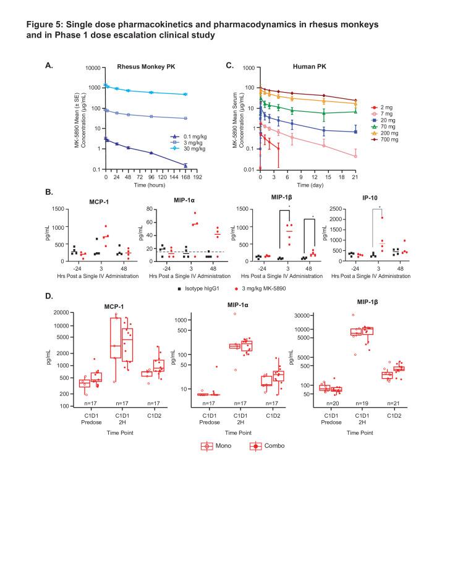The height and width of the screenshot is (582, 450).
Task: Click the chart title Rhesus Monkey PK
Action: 143,66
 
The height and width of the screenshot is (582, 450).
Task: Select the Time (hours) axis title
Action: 149,184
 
